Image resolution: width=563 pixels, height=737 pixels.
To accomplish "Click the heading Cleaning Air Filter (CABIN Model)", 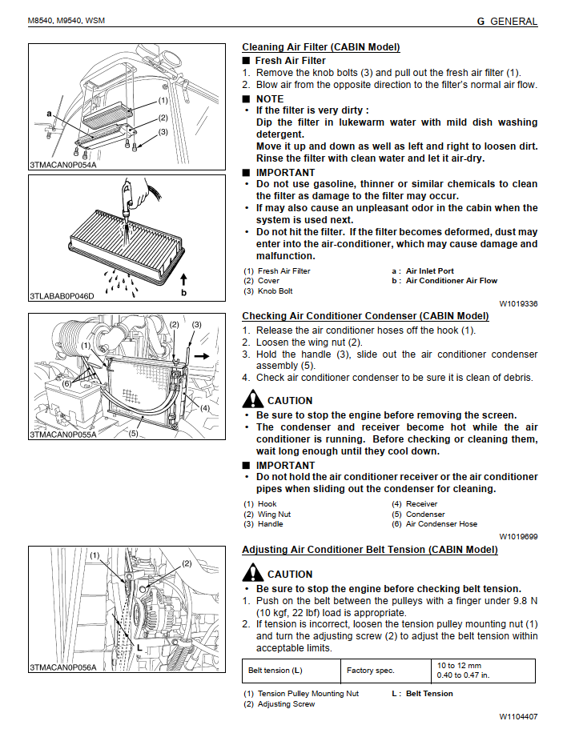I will pyautogui.click(x=320, y=47).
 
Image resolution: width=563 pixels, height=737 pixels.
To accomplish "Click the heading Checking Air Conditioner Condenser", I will pyautogui.click(x=365, y=316).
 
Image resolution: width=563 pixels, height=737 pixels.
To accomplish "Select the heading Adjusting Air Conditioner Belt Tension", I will pyautogui.click(x=369, y=550).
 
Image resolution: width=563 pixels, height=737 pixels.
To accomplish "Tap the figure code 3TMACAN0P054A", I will pyautogui.click(x=63, y=166).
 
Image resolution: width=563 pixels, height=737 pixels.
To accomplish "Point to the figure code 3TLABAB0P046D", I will pyautogui.click(x=62, y=296).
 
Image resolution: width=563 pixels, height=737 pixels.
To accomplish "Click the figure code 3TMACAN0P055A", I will pyautogui.click(x=63, y=435).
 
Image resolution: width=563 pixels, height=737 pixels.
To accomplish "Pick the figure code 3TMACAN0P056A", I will pyautogui.click(x=63, y=667).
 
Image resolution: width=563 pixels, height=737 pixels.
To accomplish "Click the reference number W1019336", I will pyautogui.click(x=518, y=304).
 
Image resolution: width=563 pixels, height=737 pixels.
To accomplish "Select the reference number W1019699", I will pyautogui.click(x=518, y=537).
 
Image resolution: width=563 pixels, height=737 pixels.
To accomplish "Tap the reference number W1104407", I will pyautogui.click(x=518, y=717).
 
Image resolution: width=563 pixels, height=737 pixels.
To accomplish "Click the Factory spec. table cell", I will pyautogui.click(x=371, y=671).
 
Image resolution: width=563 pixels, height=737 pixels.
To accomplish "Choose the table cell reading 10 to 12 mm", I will pyautogui.click(x=460, y=666).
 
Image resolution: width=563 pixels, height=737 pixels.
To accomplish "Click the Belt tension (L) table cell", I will pyautogui.click(x=275, y=671).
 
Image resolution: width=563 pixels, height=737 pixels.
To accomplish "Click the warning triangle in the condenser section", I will pyautogui.click(x=253, y=399).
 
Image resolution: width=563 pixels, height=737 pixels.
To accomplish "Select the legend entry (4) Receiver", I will pyautogui.click(x=414, y=504).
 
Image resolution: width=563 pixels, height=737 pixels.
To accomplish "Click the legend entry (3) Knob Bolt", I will pyautogui.click(x=268, y=291).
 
